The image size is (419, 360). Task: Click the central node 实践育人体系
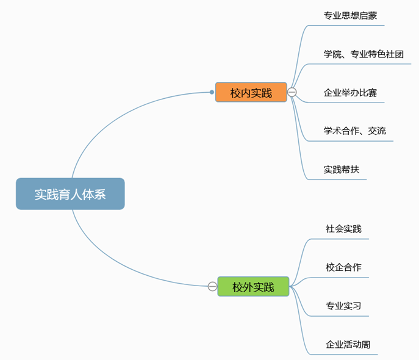coord(70,194)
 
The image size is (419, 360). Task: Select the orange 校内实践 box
coord(251,93)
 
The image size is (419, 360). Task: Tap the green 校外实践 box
coord(253,286)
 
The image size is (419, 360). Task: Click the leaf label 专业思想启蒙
coord(350,16)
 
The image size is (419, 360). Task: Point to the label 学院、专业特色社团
coord(363,54)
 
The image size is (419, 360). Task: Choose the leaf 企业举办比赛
coord(350,93)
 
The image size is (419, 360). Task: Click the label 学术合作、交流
coord(354,131)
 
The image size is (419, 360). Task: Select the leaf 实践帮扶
coord(342,169)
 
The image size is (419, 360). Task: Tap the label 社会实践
coord(343,229)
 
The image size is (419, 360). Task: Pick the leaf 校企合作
coord(343,267)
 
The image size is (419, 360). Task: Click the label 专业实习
coord(343,305)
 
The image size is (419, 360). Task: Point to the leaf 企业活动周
coord(348,344)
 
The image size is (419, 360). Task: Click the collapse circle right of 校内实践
coord(292,92)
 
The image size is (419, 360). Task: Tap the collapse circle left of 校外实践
coord(212,286)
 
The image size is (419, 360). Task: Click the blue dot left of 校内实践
coord(212,92)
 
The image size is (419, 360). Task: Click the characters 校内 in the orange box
coord(240,93)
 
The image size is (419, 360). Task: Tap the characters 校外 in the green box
coord(243,286)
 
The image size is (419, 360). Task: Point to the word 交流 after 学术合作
coord(376,131)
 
